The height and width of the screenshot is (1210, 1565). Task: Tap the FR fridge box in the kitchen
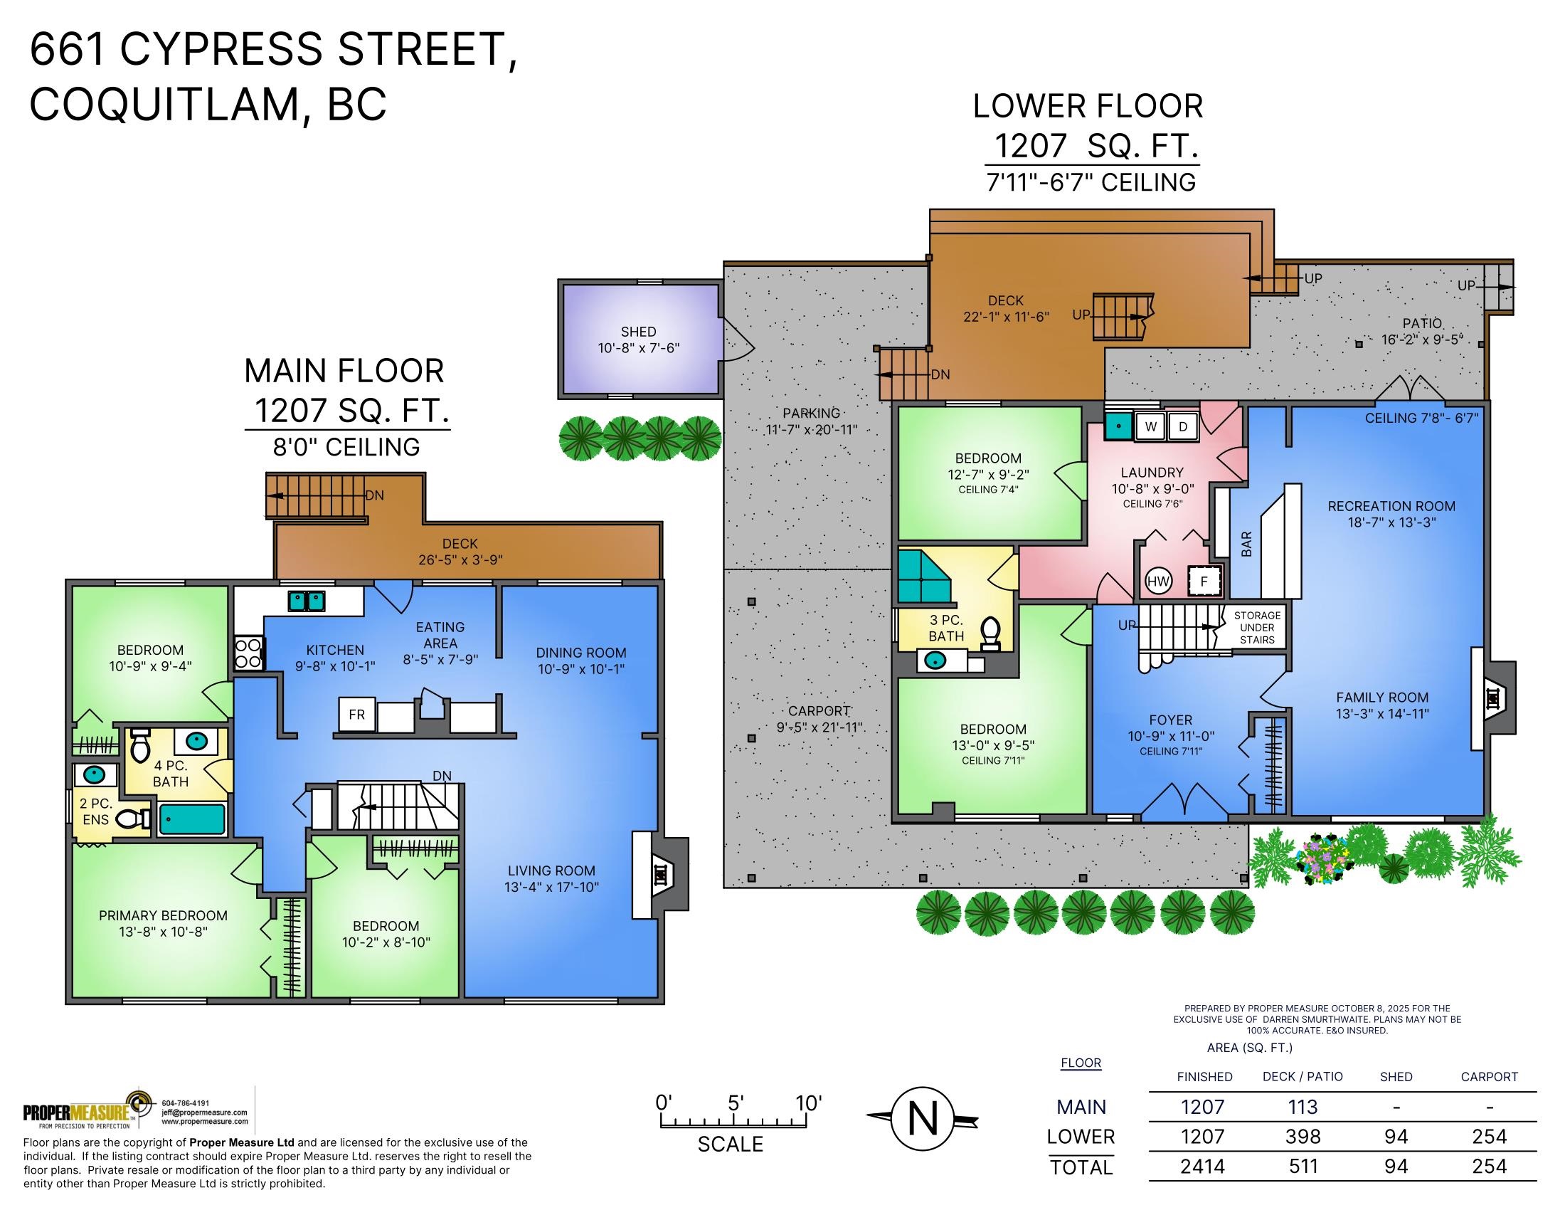coord(357,715)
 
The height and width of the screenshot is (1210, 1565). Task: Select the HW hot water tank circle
coord(1159,582)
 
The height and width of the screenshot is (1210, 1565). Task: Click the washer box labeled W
coord(1151,426)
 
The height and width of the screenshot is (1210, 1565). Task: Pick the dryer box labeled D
coord(1183,426)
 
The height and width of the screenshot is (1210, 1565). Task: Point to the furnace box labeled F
coord(1204,582)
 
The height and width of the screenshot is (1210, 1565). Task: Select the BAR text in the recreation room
coord(1247,544)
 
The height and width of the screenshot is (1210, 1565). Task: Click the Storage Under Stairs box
coord(1257,627)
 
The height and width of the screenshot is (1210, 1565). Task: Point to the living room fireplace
coord(660,875)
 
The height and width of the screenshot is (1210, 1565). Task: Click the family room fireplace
coord(1494,698)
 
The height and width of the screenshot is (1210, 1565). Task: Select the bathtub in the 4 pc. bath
coord(192,819)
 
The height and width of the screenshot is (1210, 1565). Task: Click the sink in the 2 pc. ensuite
coord(94,775)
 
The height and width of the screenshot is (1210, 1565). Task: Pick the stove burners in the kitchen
coord(248,653)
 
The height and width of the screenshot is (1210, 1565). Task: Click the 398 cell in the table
coord(1303,1136)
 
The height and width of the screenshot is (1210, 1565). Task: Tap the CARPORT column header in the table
coord(1489,1077)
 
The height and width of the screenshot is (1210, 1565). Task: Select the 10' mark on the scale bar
coord(809,1104)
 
